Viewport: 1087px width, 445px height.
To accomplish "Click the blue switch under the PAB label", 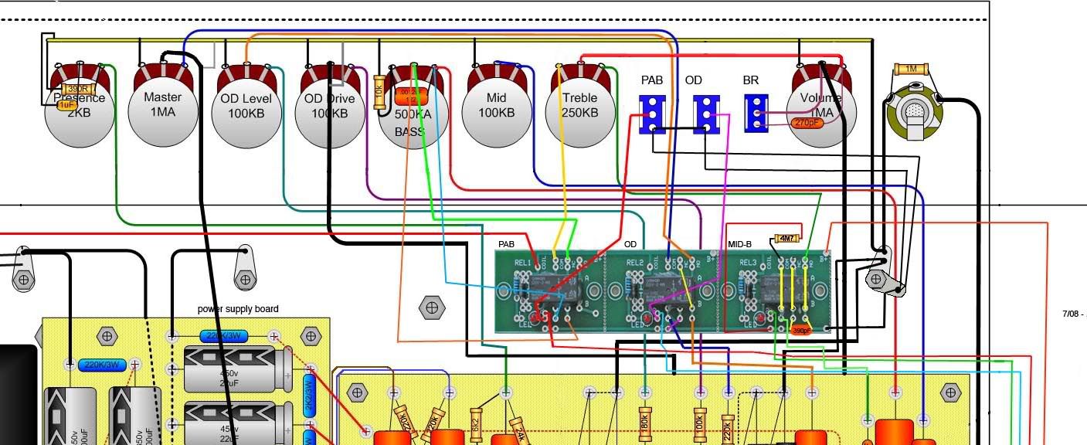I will (x=652, y=114).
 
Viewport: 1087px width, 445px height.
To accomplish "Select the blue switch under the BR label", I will (x=756, y=114).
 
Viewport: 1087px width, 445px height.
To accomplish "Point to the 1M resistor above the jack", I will (x=911, y=70).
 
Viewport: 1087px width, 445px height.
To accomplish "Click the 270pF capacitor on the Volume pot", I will (x=807, y=122).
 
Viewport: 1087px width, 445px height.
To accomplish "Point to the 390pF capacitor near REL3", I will (x=801, y=330).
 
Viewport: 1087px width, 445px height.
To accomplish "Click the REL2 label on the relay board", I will (x=634, y=263).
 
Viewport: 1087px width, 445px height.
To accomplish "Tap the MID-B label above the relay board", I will (x=739, y=244).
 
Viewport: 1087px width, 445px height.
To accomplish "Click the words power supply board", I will (x=237, y=309).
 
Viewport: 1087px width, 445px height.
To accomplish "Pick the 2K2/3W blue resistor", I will (x=308, y=396).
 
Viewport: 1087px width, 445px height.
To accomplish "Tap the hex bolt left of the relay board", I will (x=431, y=307).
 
